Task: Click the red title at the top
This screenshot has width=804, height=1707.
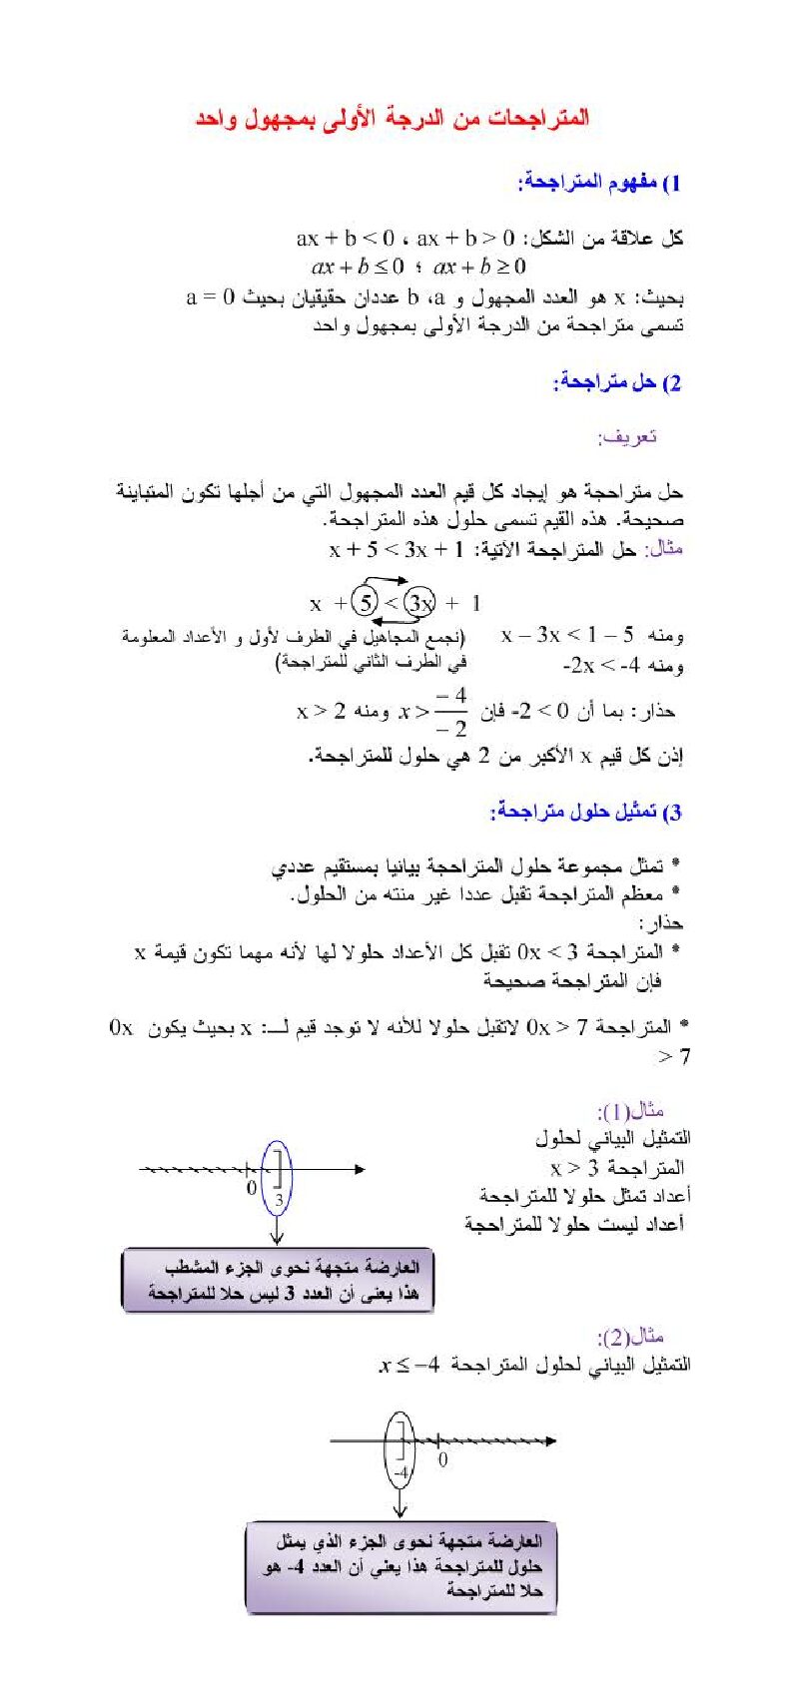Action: click(392, 118)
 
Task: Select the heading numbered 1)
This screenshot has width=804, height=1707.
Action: click(599, 183)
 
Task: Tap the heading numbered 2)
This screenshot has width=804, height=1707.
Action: click(616, 382)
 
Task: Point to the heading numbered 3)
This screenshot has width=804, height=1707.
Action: click(585, 812)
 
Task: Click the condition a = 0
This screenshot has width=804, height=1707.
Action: click(211, 296)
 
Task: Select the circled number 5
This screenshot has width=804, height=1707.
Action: click(367, 603)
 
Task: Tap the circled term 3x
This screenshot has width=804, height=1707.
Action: click(419, 603)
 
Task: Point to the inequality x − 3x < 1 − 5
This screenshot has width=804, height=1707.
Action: click(567, 635)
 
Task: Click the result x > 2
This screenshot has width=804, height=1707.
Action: click(321, 711)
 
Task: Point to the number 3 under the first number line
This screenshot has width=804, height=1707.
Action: click(279, 1199)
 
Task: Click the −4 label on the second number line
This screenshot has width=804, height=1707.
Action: click(400, 1472)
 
